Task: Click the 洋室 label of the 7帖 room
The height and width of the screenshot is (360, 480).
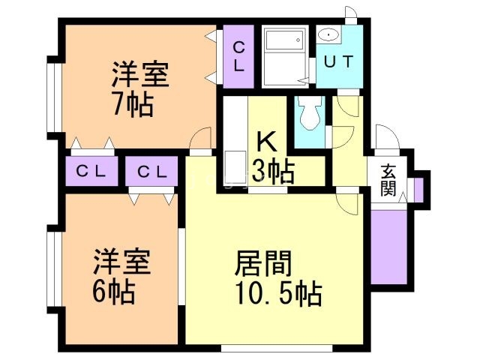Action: [x=140, y=76]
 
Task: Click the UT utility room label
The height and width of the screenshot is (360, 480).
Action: [x=338, y=60]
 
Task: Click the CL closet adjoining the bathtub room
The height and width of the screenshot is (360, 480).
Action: [x=239, y=55]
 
